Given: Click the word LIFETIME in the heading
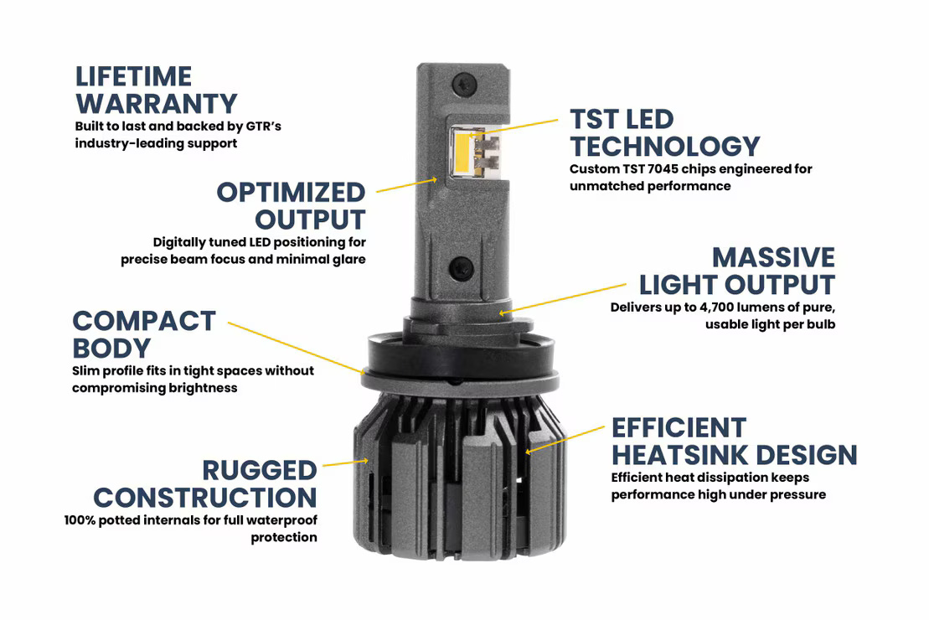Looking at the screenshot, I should click(134, 77).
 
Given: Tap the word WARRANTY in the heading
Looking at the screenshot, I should click(157, 105).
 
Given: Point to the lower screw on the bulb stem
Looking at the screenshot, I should click(462, 269).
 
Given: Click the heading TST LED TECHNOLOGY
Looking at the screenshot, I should click(664, 132).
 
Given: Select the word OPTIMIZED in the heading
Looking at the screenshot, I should click(292, 193).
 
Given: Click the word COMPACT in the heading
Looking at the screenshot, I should click(144, 321).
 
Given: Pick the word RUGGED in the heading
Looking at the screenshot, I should click(260, 471).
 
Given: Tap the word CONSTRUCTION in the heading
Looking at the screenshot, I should click(205, 499).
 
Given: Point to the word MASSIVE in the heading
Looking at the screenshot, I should click(773, 257).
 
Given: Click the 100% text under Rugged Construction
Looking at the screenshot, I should click(81, 520).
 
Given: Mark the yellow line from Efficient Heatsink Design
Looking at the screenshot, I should click(565, 439).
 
